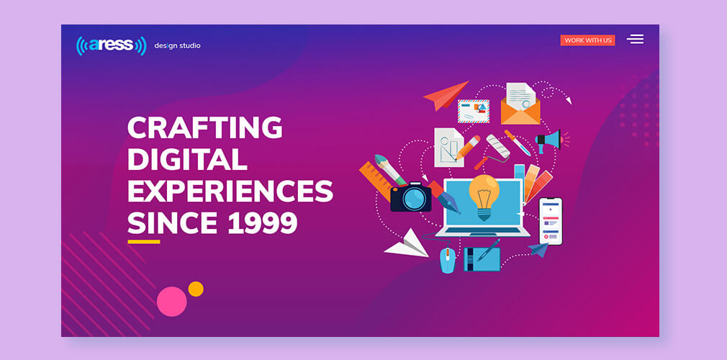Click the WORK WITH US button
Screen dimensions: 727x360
click(587, 40)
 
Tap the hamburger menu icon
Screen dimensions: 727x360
click(635, 40)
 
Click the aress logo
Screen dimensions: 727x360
click(112, 46)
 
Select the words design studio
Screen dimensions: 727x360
click(177, 46)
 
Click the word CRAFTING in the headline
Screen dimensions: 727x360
click(205, 127)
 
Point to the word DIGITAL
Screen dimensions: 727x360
click(187, 159)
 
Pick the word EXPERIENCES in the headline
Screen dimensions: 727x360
click(230, 191)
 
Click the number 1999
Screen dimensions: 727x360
click(263, 222)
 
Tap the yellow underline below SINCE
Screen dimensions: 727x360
click(144, 242)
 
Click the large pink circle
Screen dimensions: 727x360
click(171, 302)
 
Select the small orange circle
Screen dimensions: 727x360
click(196, 289)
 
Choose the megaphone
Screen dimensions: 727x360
click(549, 140)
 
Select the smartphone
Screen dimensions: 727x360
click(551, 221)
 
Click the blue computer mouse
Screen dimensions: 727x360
click(448, 260)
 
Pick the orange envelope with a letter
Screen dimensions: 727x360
click(520, 104)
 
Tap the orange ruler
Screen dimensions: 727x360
click(376, 181)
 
